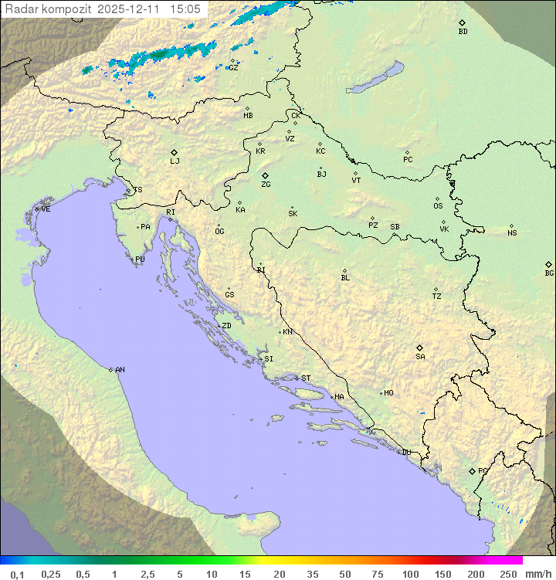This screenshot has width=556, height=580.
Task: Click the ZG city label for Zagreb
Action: click(x=266, y=185)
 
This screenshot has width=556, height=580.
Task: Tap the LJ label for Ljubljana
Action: click(x=175, y=161)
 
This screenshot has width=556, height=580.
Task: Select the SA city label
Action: click(x=420, y=357)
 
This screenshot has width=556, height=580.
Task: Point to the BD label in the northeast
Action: click(x=463, y=32)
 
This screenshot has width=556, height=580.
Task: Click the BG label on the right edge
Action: click(x=549, y=273)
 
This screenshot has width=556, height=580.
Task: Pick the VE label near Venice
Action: click(x=46, y=209)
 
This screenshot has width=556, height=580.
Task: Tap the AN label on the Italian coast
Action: click(x=120, y=370)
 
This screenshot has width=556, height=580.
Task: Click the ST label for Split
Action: click(x=306, y=378)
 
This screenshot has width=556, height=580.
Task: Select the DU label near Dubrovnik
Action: click(x=405, y=453)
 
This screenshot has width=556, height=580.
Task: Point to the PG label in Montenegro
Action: click(x=483, y=471)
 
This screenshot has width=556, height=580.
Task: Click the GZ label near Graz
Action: click(x=233, y=68)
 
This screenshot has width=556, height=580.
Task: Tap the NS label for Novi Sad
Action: click(x=512, y=233)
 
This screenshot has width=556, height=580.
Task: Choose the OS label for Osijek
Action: click(x=438, y=206)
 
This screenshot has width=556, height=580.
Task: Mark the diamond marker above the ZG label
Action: click(x=265, y=175)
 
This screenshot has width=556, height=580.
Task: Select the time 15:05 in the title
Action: click(x=185, y=8)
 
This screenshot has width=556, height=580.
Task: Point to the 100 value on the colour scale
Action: click(x=410, y=574)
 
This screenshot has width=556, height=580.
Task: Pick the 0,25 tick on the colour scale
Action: click(x=51, y=574)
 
